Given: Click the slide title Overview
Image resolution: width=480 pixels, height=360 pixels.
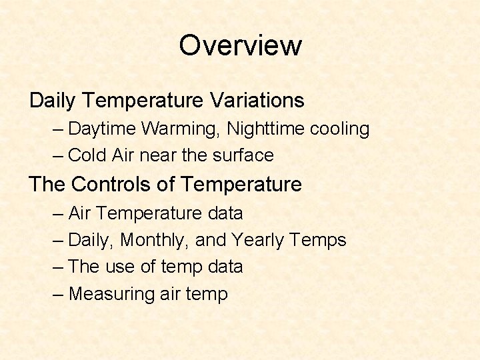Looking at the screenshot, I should pyautogui.click(x=240, y=46).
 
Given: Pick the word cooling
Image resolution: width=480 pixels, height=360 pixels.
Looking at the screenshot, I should pyautogui.click(x=342, y=129).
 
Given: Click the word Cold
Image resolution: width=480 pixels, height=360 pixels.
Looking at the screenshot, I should pyautogui.click(x=88, y=155).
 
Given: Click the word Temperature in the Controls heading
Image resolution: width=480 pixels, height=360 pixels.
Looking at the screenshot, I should pyautogui.click(x=241, y=184).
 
